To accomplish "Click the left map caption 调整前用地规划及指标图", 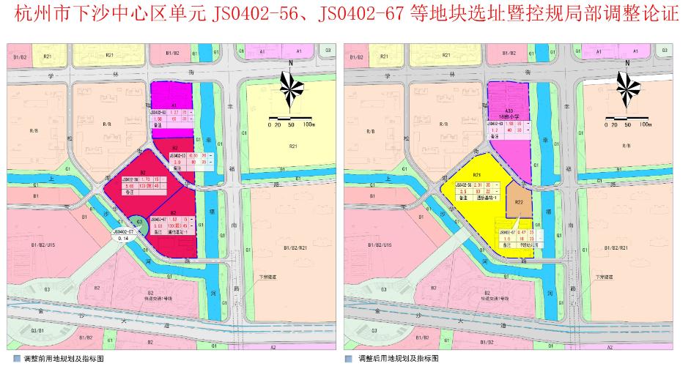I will tap(64, 359).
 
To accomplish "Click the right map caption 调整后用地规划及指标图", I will tap(398, 359).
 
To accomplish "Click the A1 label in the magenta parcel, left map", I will tap(174, 105).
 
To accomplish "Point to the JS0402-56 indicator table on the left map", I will tap(130, 187).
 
